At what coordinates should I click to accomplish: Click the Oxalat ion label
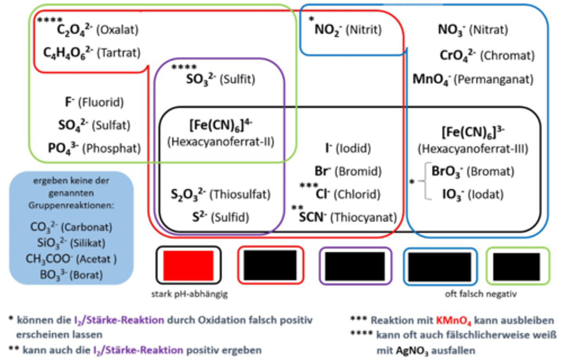97,30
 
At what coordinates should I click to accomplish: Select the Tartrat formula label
91,53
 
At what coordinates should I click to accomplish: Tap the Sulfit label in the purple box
220,79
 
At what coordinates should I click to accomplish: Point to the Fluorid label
94,102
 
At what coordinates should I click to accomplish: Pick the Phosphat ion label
94,148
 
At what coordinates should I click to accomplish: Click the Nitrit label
348,30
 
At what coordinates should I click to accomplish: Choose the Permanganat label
473,79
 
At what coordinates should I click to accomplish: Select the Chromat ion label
487,56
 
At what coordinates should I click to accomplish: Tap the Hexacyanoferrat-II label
221,133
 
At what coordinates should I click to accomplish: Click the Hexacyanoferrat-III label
473,140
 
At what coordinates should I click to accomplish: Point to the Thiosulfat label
220,194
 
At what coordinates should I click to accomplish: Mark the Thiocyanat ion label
348,217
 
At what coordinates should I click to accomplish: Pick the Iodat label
473,194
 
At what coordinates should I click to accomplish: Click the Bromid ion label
348,171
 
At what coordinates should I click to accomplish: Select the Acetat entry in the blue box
71,259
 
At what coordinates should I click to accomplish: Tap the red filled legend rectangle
188,265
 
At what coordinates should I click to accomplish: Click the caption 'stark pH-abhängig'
189,294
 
